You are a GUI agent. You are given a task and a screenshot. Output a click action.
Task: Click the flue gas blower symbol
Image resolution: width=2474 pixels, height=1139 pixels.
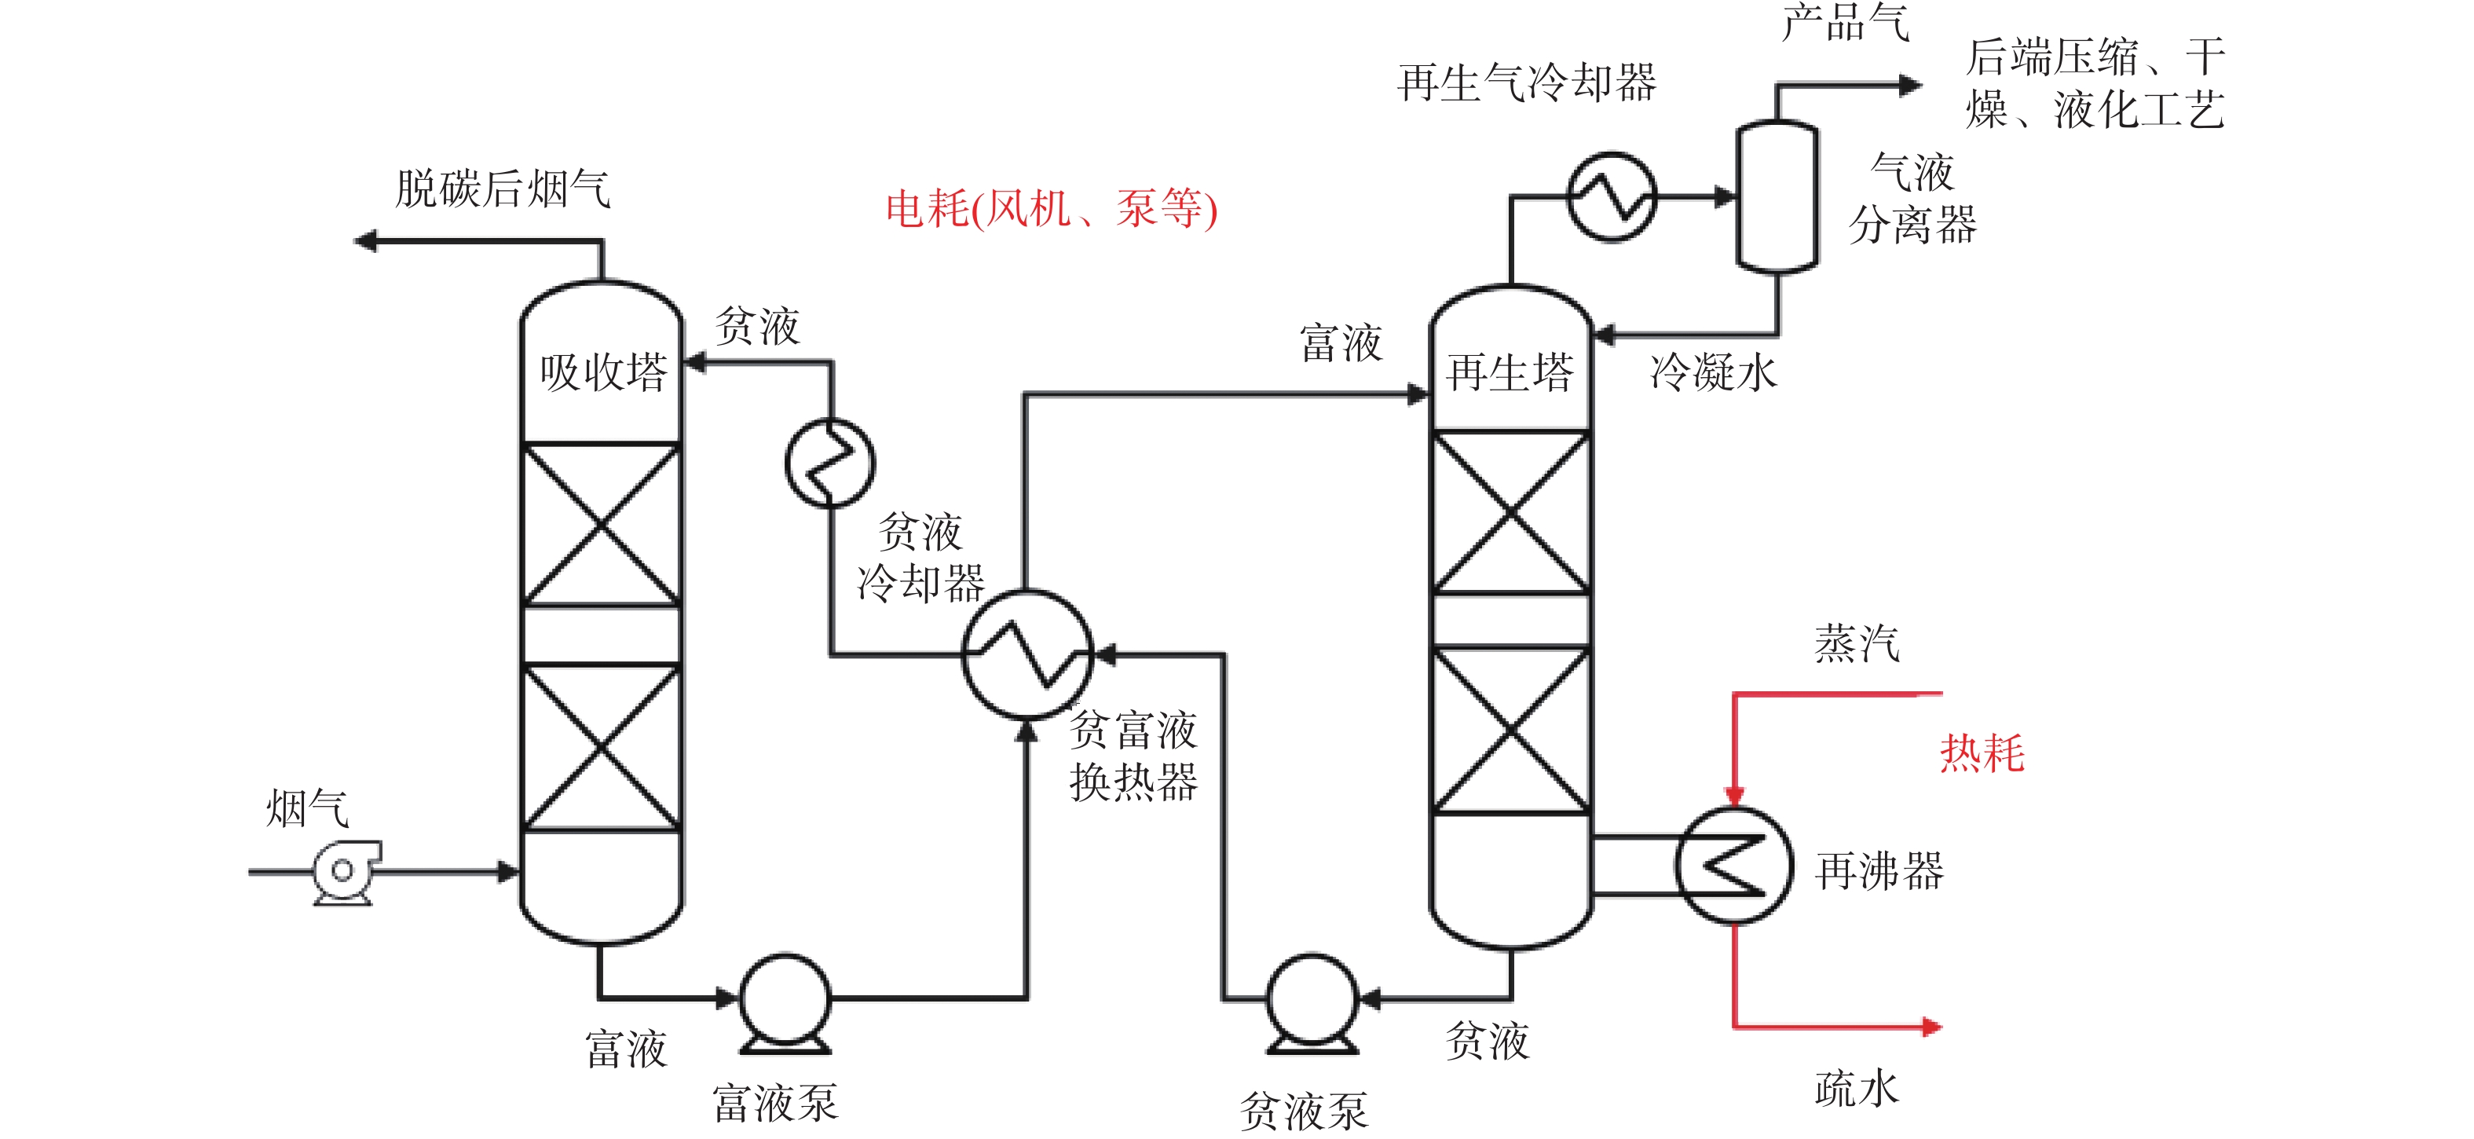(x=344, y=872)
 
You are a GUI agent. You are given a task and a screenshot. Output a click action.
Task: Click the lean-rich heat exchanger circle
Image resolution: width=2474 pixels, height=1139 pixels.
(x=1027, y=654)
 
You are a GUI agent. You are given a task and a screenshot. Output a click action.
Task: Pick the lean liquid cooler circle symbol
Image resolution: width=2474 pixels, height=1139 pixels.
(x=831, y=463)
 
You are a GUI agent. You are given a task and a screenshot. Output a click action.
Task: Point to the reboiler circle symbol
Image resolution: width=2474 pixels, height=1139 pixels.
(x=1734, y=866)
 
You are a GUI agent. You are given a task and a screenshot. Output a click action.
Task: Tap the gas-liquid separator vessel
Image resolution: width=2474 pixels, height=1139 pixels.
(x=1777, y=197)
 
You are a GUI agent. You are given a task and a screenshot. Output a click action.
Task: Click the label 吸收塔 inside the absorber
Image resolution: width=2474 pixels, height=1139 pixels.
(x=603, y=372)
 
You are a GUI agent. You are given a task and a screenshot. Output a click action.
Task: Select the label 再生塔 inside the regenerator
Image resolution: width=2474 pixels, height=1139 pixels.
(x=1511, y=372)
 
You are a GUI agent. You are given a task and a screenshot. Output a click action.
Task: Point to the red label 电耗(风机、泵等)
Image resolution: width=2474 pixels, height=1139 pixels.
(x=1052, y=208)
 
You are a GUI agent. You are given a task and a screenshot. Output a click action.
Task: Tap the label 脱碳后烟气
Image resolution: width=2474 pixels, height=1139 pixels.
(x=503, y=189)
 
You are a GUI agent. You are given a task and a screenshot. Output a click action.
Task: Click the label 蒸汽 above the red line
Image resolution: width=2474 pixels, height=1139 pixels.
(x=1857, y=643)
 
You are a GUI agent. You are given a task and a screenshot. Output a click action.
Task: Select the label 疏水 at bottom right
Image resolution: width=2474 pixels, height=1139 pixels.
(x=1857, y=1089)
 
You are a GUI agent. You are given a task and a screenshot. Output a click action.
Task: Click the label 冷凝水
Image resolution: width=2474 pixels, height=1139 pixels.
(x=1715, y=372)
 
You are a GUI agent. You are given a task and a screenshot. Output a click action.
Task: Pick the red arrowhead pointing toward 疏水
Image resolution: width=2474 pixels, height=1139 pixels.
(x=1931, y=1027)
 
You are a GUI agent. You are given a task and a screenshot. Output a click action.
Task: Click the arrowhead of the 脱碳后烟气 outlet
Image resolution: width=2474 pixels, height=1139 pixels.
(x=365, y=241)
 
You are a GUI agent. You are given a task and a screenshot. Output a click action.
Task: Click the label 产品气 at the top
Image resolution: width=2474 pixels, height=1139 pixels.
(x=1846, y=21)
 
